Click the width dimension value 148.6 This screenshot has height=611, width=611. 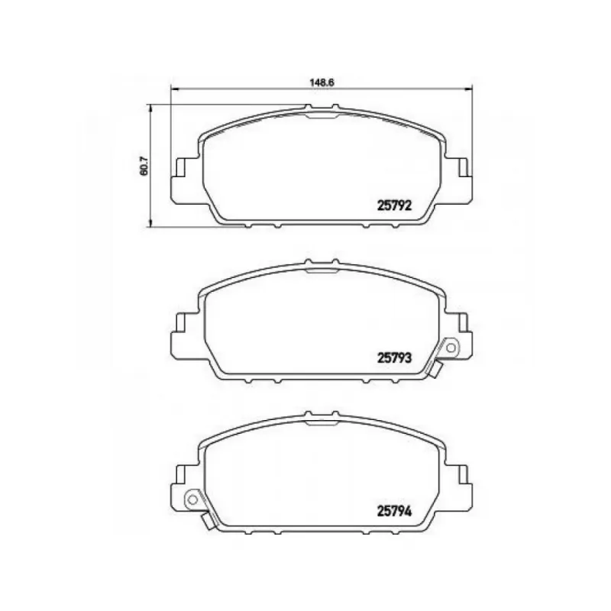tap(322, 82)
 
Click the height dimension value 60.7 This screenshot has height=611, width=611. tap(144, 166)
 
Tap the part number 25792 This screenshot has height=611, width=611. tap(394, 205)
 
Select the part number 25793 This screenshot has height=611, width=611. tap(394, 357)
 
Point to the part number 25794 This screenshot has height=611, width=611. tap(394, 511)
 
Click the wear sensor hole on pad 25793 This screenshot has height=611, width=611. tap(451, 348)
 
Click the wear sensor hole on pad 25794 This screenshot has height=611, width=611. tap(192, 499)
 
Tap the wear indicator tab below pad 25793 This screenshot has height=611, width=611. tap(436, 370)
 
